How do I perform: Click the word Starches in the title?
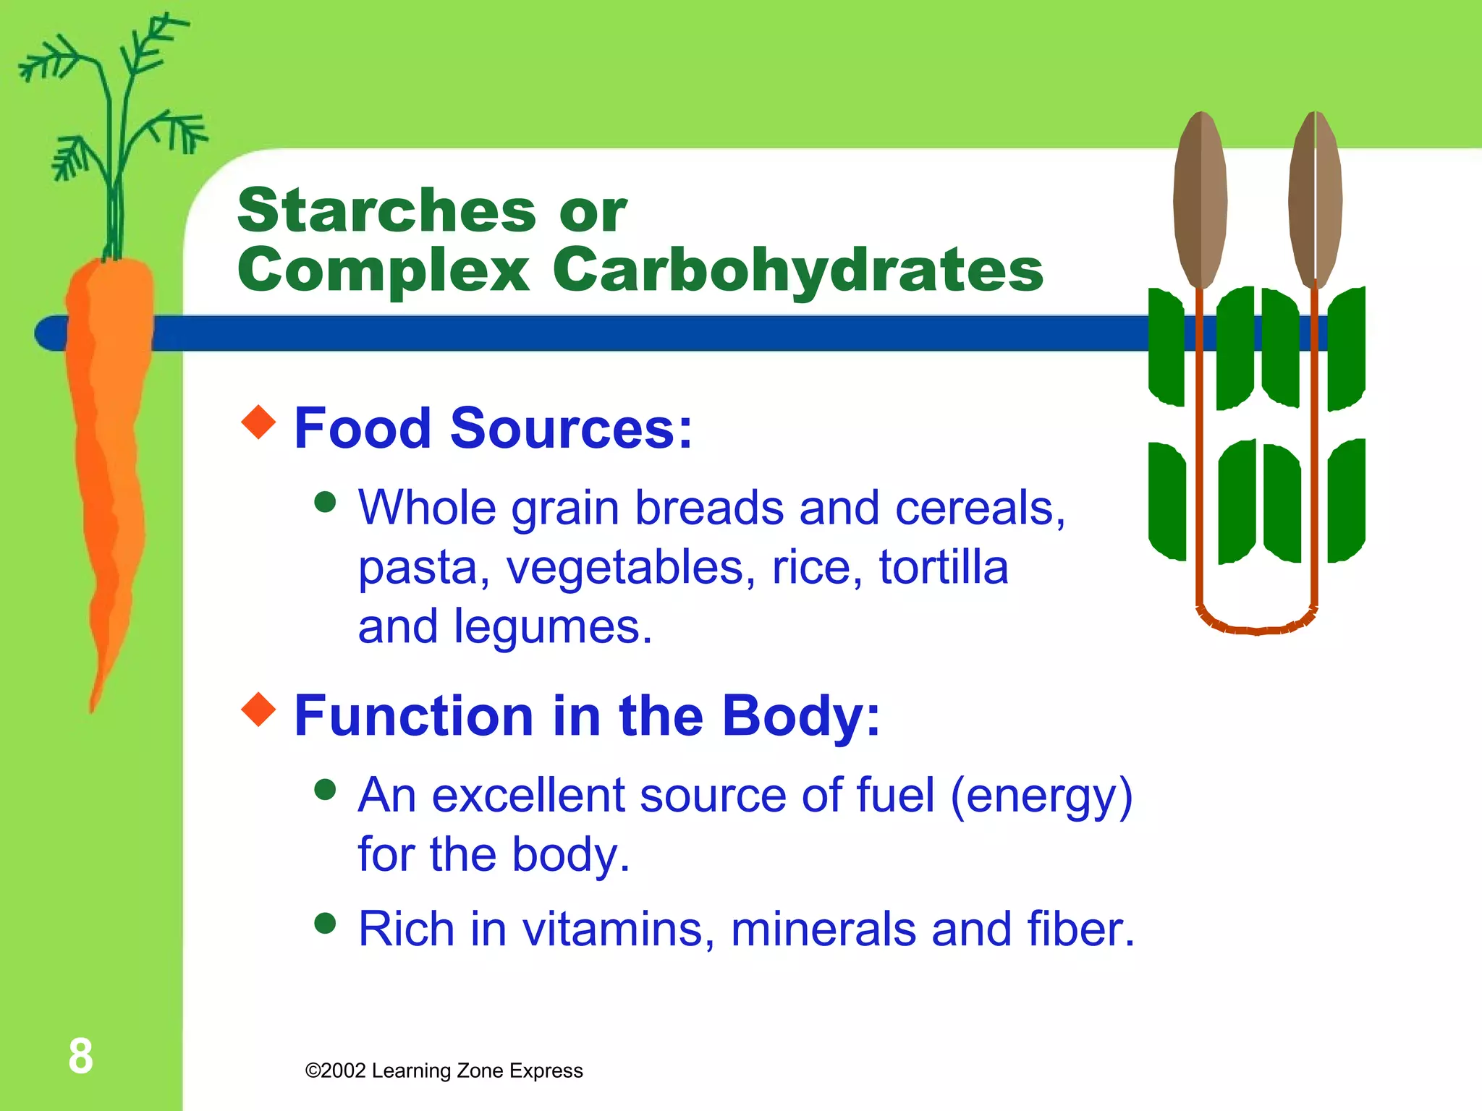tap(387, 211)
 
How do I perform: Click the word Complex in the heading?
tap(384, 270)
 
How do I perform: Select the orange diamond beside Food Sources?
tap(258, 422)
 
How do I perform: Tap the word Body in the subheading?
tap(800, 716)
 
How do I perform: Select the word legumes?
tap(553, 626)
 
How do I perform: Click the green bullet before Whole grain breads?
tap(326, 501)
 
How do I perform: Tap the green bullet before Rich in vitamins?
tap(326, 923)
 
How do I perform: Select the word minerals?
tap(823, 929)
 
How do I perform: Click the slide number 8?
tap(80, 1056)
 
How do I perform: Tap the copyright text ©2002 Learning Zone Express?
tap(444, 1070)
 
